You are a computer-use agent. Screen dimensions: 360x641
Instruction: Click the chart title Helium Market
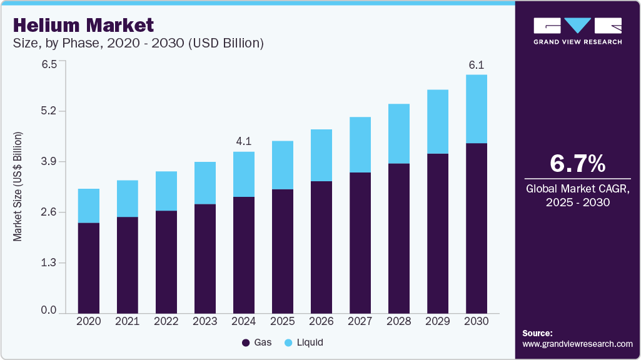coord(83,25)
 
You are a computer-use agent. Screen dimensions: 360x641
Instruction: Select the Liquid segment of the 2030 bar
coord(476,109)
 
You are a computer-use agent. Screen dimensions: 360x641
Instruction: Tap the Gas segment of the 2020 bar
coord(88,267)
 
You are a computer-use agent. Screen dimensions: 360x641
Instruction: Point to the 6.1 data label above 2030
coord(476,65)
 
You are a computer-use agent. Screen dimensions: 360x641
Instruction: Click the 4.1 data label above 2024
coord(243,142)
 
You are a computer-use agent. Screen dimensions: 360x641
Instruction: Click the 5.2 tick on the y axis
coord(49,111)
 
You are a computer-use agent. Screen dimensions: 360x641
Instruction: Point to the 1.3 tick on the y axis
coord(49,263)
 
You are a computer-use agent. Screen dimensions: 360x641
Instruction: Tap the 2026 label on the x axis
coord(321,321)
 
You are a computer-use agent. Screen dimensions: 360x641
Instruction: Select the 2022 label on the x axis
coord(166,321)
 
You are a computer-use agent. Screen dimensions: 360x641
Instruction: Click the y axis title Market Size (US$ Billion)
coord(18,187)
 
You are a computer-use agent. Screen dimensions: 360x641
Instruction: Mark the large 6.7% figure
coord(577,163)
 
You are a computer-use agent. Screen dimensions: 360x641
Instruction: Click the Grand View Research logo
coord(577,31)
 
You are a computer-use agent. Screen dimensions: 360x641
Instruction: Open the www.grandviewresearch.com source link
coord(577,344)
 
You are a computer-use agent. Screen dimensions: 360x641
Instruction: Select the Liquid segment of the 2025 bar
coord(282,165)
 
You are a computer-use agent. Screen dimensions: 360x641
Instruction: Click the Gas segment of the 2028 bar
coord(398,238)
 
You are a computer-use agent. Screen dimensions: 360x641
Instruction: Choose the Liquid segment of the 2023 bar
coord(204,182)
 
